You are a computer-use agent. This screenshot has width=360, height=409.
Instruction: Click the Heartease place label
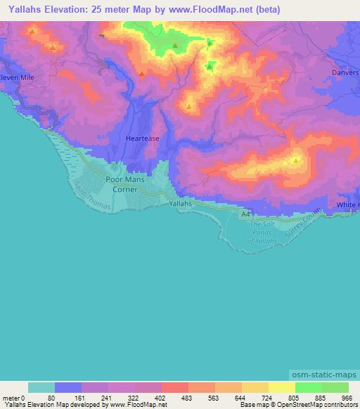[x=143, y=138]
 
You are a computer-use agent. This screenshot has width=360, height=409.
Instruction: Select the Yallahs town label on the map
[x=181, y=204]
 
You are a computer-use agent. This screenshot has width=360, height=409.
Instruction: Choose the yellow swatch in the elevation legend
[x=281, y=387]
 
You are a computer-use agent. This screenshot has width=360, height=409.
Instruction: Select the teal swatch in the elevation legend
[x=41, y=387]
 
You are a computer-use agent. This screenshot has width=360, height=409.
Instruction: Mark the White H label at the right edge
[x=347, y=204]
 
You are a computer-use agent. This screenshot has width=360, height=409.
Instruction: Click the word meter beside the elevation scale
[x=10, y=397]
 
